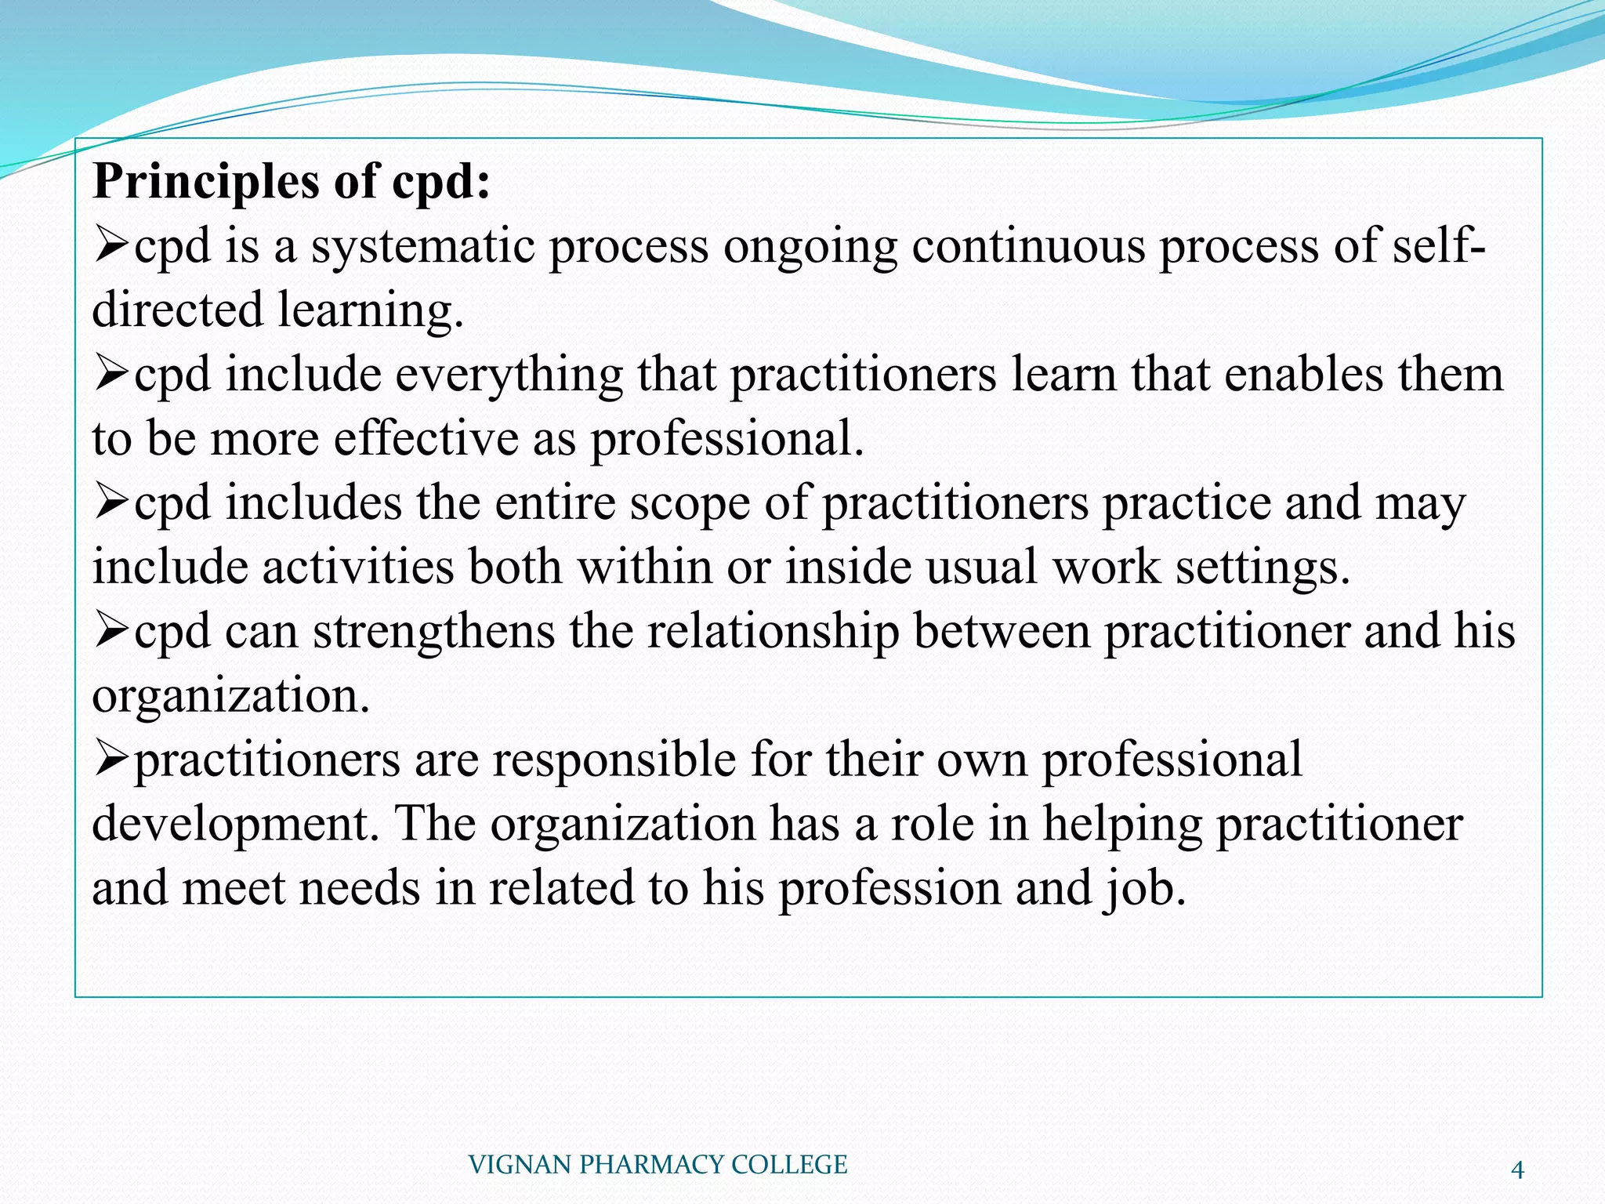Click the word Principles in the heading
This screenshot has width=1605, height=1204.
tap(205, 182)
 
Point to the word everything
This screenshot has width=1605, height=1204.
tap(509, 375)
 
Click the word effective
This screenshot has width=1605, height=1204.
tap(426, 439)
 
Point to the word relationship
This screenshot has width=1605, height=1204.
tap(773, 632)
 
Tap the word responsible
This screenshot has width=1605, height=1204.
tap(614, 760)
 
